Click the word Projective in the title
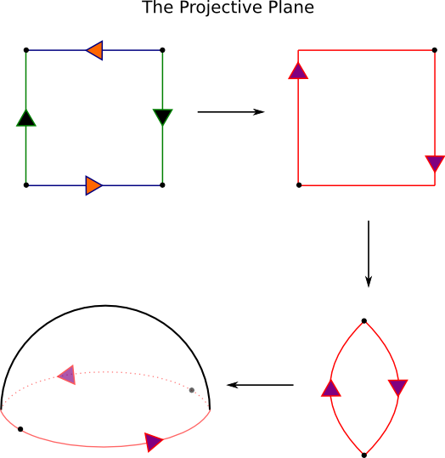click(221, 8)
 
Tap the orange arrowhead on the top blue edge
click(94, 50)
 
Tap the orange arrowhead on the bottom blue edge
click(93, 185)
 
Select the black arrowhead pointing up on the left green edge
click(26, 118)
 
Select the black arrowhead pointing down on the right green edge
click(163, 117)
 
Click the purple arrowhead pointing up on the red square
click(298, 71)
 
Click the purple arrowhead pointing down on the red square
click(435, 163)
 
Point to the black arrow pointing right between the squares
click(231, 112)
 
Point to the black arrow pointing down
click(369, 254)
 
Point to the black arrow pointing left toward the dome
click(260, 385)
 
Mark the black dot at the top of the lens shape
click(364, 321)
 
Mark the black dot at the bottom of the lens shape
click(364, 455)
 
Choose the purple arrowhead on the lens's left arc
click(331, 388)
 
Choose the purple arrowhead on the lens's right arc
click(398, 387)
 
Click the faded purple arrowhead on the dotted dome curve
click(67, 375)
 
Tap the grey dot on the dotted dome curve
click(192, 390)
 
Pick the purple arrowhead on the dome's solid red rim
click(153, 442)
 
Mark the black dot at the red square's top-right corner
click(435, 50)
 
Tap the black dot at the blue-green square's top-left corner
click(26, 50)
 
